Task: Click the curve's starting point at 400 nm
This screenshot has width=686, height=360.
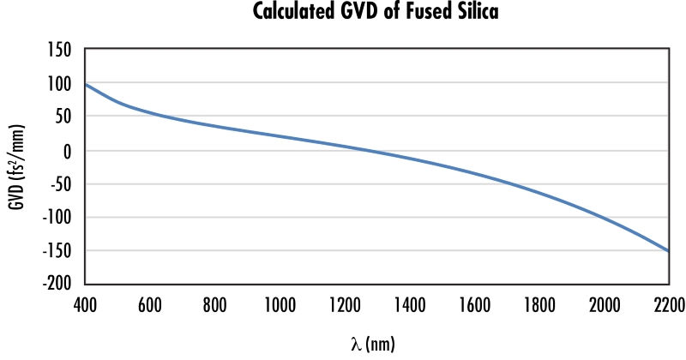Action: click(86, 84)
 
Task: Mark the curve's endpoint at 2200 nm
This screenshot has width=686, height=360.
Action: click(668, 251)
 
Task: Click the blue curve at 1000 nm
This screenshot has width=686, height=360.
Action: click(280, 137)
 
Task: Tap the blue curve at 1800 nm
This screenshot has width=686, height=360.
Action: click(539, 192)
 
